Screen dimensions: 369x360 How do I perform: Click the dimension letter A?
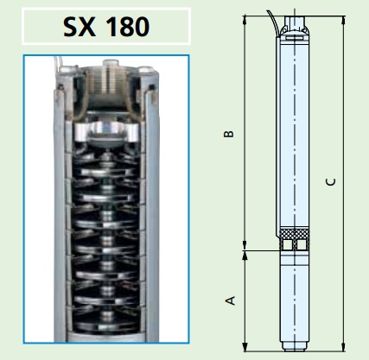pyautogui.click(x=230, y=300)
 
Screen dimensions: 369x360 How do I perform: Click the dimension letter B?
pyautogui.click(x=229, y=134)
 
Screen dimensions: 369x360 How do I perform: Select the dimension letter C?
pyautogui.click(x=331, y=182)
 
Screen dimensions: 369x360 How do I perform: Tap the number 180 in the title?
pyautogui.click(x=128, y=27)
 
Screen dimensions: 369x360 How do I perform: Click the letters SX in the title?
pyautogui.click(x=80, y=27)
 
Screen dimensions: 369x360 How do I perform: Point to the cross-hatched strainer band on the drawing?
pyautogui.click(x=295, y=233)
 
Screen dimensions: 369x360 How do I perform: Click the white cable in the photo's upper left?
pyautogui.click(x=57, y=64)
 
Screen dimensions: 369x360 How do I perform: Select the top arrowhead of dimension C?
pyautogui.click(x=343, y=20)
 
